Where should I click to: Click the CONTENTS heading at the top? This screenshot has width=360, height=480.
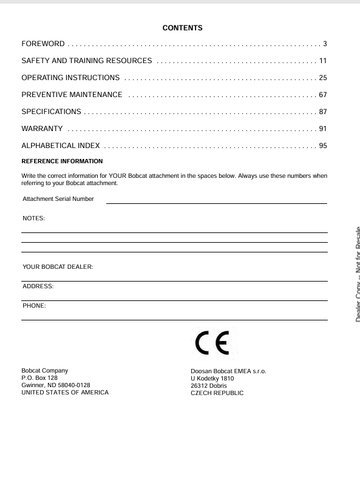click(182, 26)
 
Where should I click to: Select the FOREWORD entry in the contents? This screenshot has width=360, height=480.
click(43, 44)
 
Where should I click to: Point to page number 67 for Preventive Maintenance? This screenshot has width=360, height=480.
click(323, 94)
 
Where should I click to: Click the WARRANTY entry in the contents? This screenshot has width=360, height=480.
click(43, 128)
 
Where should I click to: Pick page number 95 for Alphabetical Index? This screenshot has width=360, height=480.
click(323, 145)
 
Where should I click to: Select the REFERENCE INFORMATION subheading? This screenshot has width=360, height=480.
click(62, 160)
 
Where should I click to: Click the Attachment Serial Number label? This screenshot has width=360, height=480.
click(58, 199)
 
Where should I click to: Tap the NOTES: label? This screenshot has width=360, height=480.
click(33, 217)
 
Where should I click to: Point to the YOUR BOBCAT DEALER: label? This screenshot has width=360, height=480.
click(57, 267)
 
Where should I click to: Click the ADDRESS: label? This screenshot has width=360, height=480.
click(38, 286)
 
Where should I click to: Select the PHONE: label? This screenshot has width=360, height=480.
click(34, 304)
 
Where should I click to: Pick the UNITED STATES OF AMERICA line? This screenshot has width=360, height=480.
click(65, 393)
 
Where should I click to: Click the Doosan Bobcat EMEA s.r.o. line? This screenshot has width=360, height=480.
click(227, 371)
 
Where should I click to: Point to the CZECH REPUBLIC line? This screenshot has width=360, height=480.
click(217, 393)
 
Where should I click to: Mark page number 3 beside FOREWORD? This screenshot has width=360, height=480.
click(325, 44)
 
